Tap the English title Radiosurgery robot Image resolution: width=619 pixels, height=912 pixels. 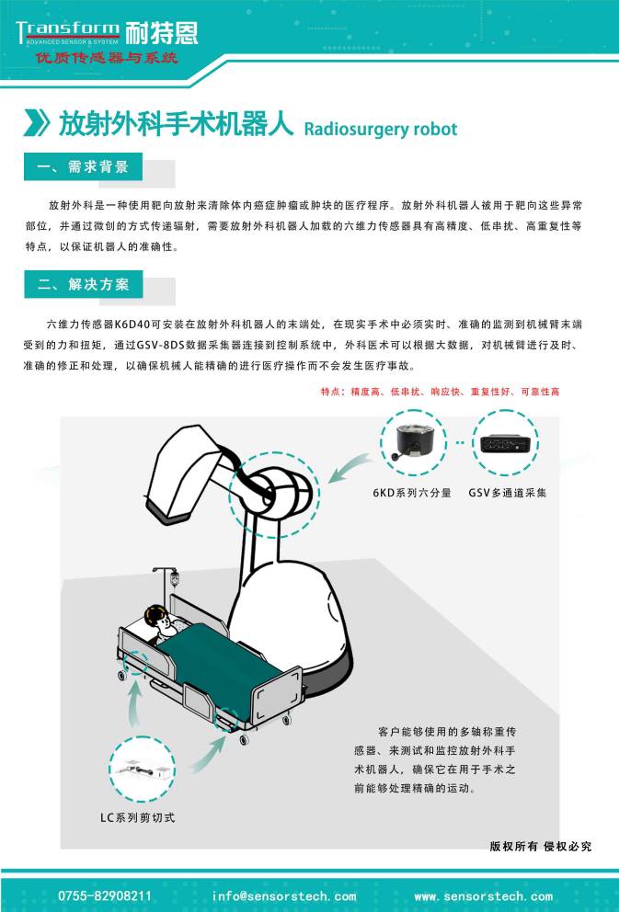tap(379, 129)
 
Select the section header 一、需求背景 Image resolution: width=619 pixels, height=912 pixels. tap(84, 168)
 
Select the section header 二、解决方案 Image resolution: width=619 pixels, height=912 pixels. tap(84, 284)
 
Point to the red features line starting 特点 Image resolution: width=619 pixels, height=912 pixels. tap(440, 391)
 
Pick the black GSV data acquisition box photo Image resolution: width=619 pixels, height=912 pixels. tap(507, 441)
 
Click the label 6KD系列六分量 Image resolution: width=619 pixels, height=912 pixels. tap(412, 493)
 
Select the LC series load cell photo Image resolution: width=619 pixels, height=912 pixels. tap(142, 769)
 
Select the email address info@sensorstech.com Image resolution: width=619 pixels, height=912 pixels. tap(284, 895)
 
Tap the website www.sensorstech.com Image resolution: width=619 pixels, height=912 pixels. tap(484, 895)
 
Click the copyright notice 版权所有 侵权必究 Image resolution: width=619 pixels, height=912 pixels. tap(541, 846)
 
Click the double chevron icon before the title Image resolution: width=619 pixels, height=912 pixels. tap(36, 124)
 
